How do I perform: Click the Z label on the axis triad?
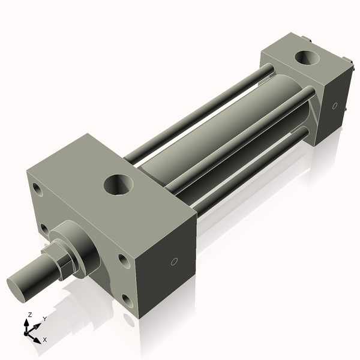[x=30, y=315]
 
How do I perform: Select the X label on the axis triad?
[x=45, y=340]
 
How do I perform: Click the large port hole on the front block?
[x=118, y=184]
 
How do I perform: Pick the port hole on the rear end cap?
[x=307, y=58]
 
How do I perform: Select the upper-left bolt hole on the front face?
[x=38, y=190]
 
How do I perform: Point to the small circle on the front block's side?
[x=174, y=262]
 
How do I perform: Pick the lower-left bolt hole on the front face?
[x=44, y=229]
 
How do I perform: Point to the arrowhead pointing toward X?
[x=39, y=337]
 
